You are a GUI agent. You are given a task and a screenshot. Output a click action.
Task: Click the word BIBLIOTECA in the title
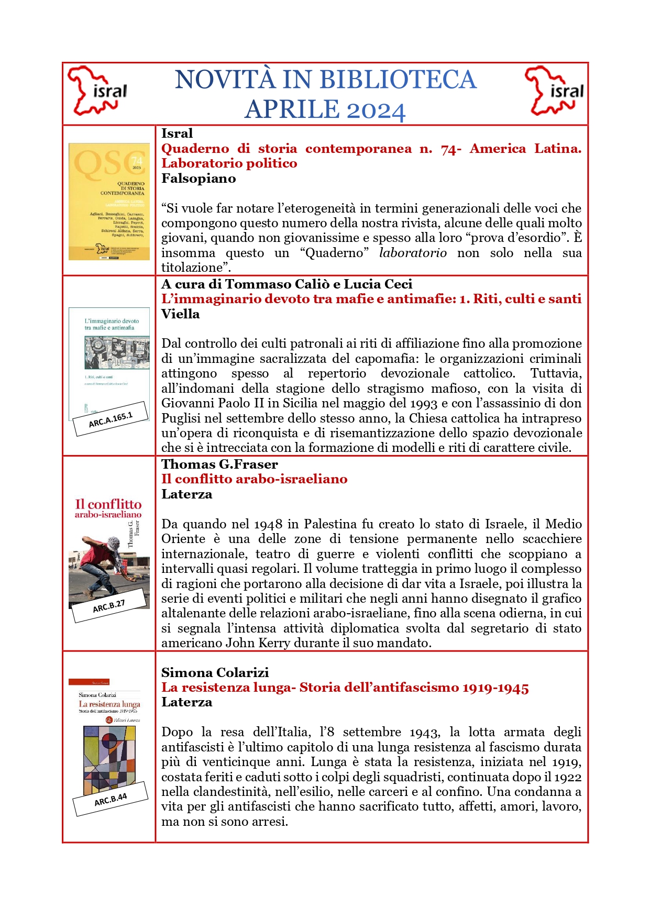tap(398, 80)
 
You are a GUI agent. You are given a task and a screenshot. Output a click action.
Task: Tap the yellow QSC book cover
tap(109, 202)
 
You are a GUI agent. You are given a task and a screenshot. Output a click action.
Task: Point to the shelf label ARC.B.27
tap(109, 606)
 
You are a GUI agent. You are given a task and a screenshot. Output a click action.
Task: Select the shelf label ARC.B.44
tap(111, 799)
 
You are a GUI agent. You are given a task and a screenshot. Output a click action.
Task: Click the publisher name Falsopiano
tap(199, 179)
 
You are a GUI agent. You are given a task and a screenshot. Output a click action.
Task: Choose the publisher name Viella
tap(180, 314)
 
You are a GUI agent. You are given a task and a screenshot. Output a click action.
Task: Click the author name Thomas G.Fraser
tap(219, 464)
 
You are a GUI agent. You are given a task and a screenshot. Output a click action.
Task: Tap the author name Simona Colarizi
tap(215, 672)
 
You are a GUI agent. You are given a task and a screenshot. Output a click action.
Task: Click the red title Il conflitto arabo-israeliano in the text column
tap(254, 479)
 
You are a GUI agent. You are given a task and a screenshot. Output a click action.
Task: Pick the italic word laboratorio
tap(413, 253)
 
